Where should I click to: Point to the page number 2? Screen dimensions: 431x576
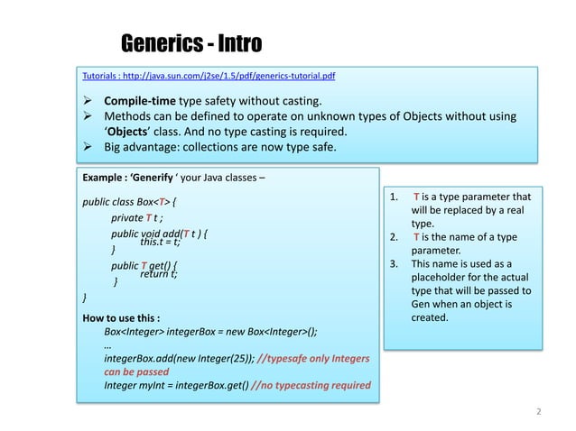[538, 411]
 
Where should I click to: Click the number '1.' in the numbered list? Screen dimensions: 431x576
[394, 196]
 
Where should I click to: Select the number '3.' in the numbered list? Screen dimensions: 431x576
[394, 264]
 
